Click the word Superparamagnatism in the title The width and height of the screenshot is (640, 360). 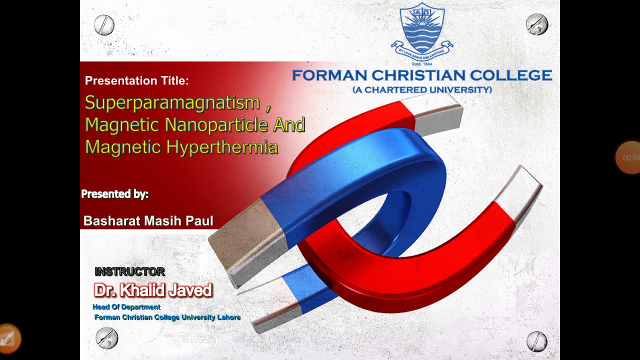pyautogui.click(x=172, y=103)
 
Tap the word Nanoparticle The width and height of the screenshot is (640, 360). pyautogui.click(x=217, y=125)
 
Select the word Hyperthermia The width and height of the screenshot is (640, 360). pyautogui.click(x=222, y=147)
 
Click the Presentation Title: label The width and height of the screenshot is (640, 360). pyautogui.click(x=137, y=80)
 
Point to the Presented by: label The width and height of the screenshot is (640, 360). pyautogui.click(x=115, y=194)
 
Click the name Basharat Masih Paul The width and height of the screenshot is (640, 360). pyautogui.click(x=148, y=221)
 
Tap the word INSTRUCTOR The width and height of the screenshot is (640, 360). pyautogui.click(x=129, y=271)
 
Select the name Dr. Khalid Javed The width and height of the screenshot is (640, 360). pyautogui.click(x=153, y=290)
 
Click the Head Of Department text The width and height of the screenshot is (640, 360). pyautogui.click(x=126, y=307)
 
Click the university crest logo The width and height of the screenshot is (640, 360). pyautogui.click(x=422, y=31)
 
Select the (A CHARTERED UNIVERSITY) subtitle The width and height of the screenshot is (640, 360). pyautogui.click(x=422, y=90)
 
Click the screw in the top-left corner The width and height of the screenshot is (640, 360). pyautogui.click(x=104, y=25)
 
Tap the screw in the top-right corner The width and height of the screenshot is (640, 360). pyautogui.click(x=537, y=24)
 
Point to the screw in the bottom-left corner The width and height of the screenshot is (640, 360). pyautogui.click(x=106, y=338)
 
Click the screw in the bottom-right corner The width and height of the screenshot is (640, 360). pyautogui.click(x=537, y=341)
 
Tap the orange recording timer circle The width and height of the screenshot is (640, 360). pyautogui.click(x=629, y=157)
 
